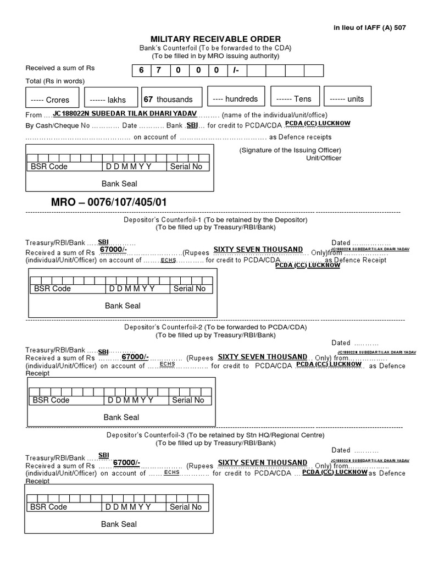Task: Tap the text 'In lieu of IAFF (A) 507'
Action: (369, 27)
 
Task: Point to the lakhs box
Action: (110, 99)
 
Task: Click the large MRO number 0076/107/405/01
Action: (108, 201)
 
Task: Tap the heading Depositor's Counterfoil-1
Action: (215, 219)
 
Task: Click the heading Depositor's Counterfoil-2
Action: (215, 327)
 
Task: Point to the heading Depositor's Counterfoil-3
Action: (215, 435)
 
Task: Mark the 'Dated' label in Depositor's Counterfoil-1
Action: (341, 242)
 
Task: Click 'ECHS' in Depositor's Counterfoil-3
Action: (171, 472)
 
